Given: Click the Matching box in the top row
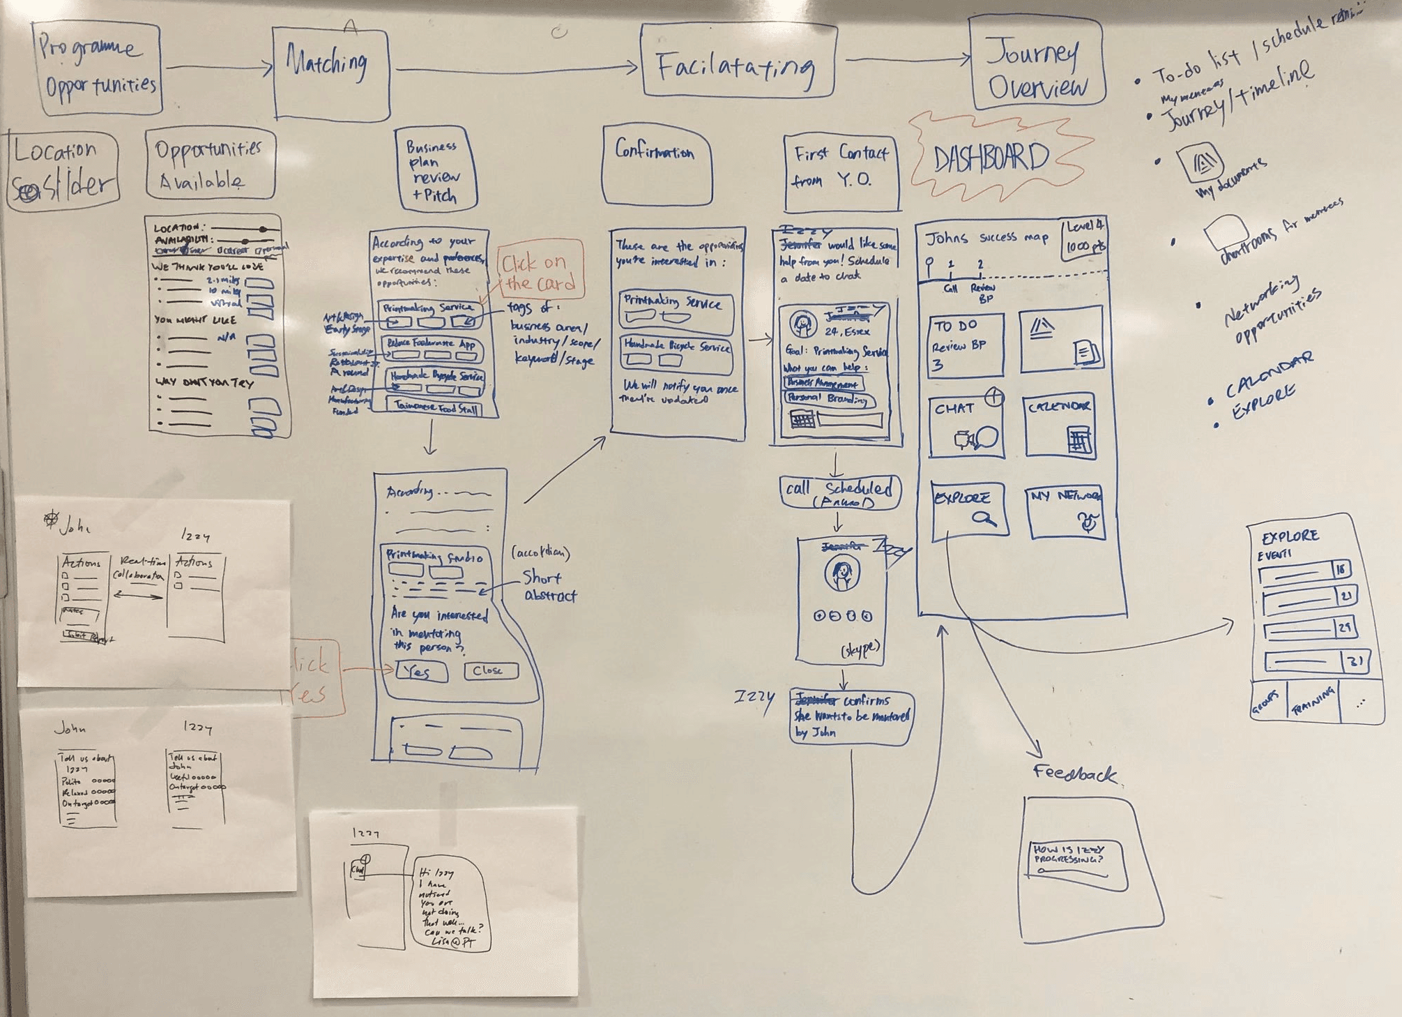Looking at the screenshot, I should pyautogui.click(x=330, y=71).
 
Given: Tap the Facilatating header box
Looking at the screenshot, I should pyautogui.click(x=738, y=61).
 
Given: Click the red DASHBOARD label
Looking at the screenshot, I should pyautogui.click(x=991, y=159).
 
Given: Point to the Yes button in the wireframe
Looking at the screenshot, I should pyautogui.click(x=420, y=672).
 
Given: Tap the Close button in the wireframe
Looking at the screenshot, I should pyautogui.click(x=491, y=670).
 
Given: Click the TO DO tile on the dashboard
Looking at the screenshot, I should pyautogui.click(x=966, y=345).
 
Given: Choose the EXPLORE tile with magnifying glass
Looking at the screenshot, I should pyautogui.click(x=970, y=508).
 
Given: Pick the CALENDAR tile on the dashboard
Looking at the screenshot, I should pyautogui.click(x=1059, y=426).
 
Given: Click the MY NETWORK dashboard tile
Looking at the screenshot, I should pyautogui.click(x=1065, y=512).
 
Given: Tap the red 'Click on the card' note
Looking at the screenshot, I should pyautogui.click(x=540, y=270).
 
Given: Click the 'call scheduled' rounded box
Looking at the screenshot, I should pyautogui.click(x=839, y=492).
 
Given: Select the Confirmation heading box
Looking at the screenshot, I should pyautogui.click(x=657, y=165).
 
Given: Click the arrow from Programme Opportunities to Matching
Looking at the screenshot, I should pyautogui.click(x=219, y=67).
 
